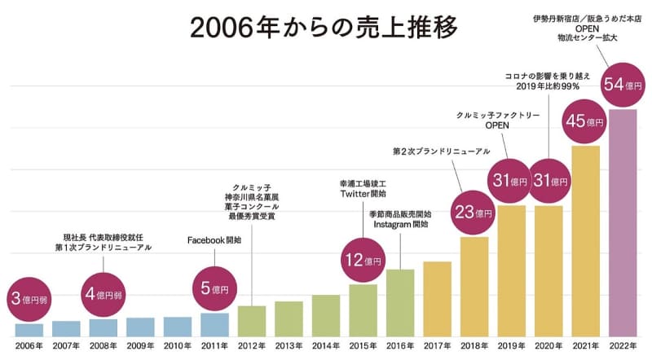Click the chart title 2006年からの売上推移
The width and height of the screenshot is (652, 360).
pos(324,26)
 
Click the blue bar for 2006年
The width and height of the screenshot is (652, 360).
pos(29,330)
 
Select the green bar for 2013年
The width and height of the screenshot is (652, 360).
pos(289,318)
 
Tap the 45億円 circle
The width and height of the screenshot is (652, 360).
pos(586,121)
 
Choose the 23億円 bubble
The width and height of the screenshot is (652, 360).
pos(474,213)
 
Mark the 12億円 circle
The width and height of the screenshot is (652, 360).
pos(363,261)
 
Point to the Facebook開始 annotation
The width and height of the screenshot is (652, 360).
pos(214,240)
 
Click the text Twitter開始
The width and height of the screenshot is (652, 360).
pos(363,194)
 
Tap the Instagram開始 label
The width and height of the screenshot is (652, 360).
pos(400,224)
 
